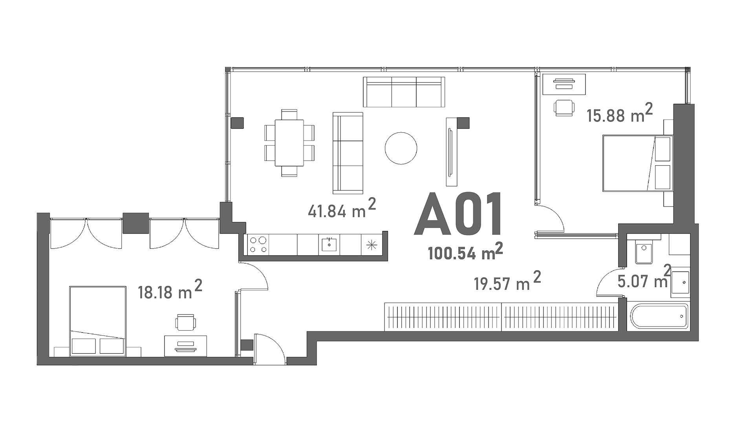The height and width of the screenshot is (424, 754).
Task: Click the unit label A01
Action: click(458, 214)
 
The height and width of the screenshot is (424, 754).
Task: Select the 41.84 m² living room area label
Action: click(342, 208)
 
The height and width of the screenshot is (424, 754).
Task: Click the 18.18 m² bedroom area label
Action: click(170, 290)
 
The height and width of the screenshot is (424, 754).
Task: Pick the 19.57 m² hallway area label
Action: click(507, 281)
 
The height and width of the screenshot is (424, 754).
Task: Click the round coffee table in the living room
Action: click(401, 148)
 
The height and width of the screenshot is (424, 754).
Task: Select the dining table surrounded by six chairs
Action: click(289, 143)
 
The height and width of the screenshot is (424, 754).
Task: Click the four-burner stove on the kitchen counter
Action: click(258, 244)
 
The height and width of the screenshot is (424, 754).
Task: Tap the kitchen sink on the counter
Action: click(329, 244)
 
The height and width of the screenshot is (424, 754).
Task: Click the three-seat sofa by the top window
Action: click(404, 92)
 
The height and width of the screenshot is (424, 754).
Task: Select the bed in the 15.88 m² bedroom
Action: click(638, 163)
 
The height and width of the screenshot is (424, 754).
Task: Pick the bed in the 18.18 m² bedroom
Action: click(98, 321)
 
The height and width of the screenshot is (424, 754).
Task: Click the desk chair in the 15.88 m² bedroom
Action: click(564, 108)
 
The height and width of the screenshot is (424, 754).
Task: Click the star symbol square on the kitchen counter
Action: click(372, 245)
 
